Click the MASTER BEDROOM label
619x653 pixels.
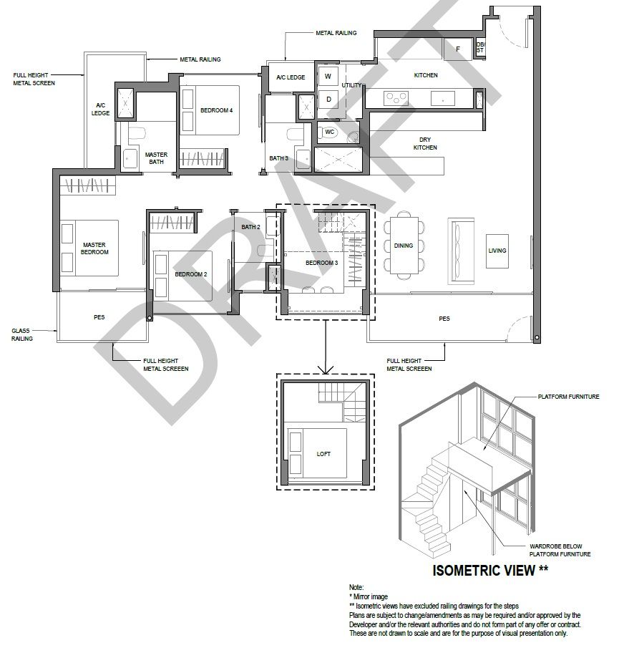[x=94, y=248]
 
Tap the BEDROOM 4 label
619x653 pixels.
[x=216, y=110]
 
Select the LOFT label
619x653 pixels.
[x=323, y=454]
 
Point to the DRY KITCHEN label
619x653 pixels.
[x=425, y=144]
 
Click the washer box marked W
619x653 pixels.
[x=328, y=76]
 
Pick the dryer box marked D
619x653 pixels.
[x=328, y=99]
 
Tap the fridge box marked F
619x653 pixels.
[x=458, y=49]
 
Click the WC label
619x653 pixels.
[x=330, y=132]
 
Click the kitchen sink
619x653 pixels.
[x=443, y=99]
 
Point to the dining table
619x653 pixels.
[x=404, y=246]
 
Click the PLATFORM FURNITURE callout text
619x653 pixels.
[x=569, y=397]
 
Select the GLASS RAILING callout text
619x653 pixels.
[x=21, y=335]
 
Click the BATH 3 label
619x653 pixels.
[x=278, y=158]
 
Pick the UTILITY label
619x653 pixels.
[x=352, y=85]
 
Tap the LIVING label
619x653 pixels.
[x=497, y=251]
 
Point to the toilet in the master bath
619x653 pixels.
[x=137, y=134]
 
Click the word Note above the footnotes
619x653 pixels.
[x=356, y=587]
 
